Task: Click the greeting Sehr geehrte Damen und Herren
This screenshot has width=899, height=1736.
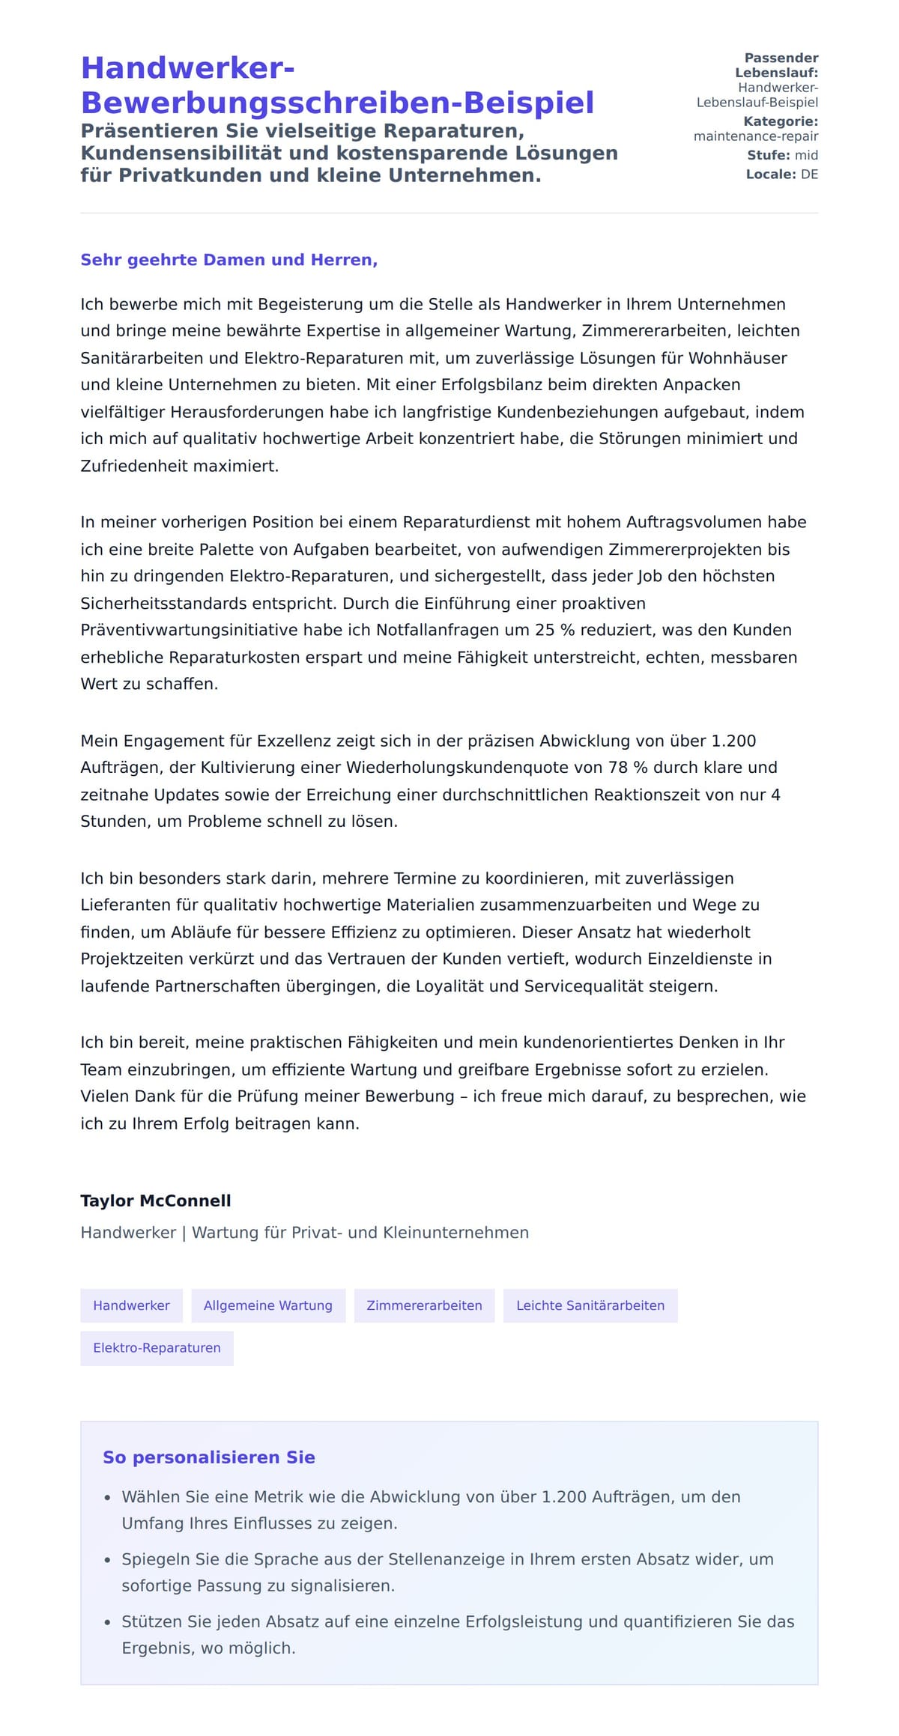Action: (x=228, y=260)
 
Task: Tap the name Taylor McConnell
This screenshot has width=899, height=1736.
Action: (x=156, y=1201)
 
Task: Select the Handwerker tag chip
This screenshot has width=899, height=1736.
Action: (x=131, y=1305)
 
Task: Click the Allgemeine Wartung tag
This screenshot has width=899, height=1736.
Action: (x=268, y=1305)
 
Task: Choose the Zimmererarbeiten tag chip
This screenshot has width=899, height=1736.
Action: (x=424, y=1305)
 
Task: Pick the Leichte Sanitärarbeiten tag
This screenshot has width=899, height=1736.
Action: (x=590, y=1305)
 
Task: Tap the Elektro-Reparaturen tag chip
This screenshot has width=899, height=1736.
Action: (x=157, y=1347)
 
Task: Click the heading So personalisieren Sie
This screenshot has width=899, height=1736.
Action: (x=208, y=1457)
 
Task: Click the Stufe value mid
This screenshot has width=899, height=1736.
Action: (x=806, y=155)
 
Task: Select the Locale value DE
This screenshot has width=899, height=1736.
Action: (x=809, y=174)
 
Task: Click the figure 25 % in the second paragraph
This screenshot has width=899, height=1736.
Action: (x=554, y=630)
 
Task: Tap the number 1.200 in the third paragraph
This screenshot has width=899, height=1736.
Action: (x=733, y=741)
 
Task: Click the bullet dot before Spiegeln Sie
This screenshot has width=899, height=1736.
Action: (x=107, y=1560)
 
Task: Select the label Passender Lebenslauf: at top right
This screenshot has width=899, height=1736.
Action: (x=776, y=65)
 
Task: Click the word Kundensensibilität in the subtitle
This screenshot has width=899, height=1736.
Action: (x=197, y=153)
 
